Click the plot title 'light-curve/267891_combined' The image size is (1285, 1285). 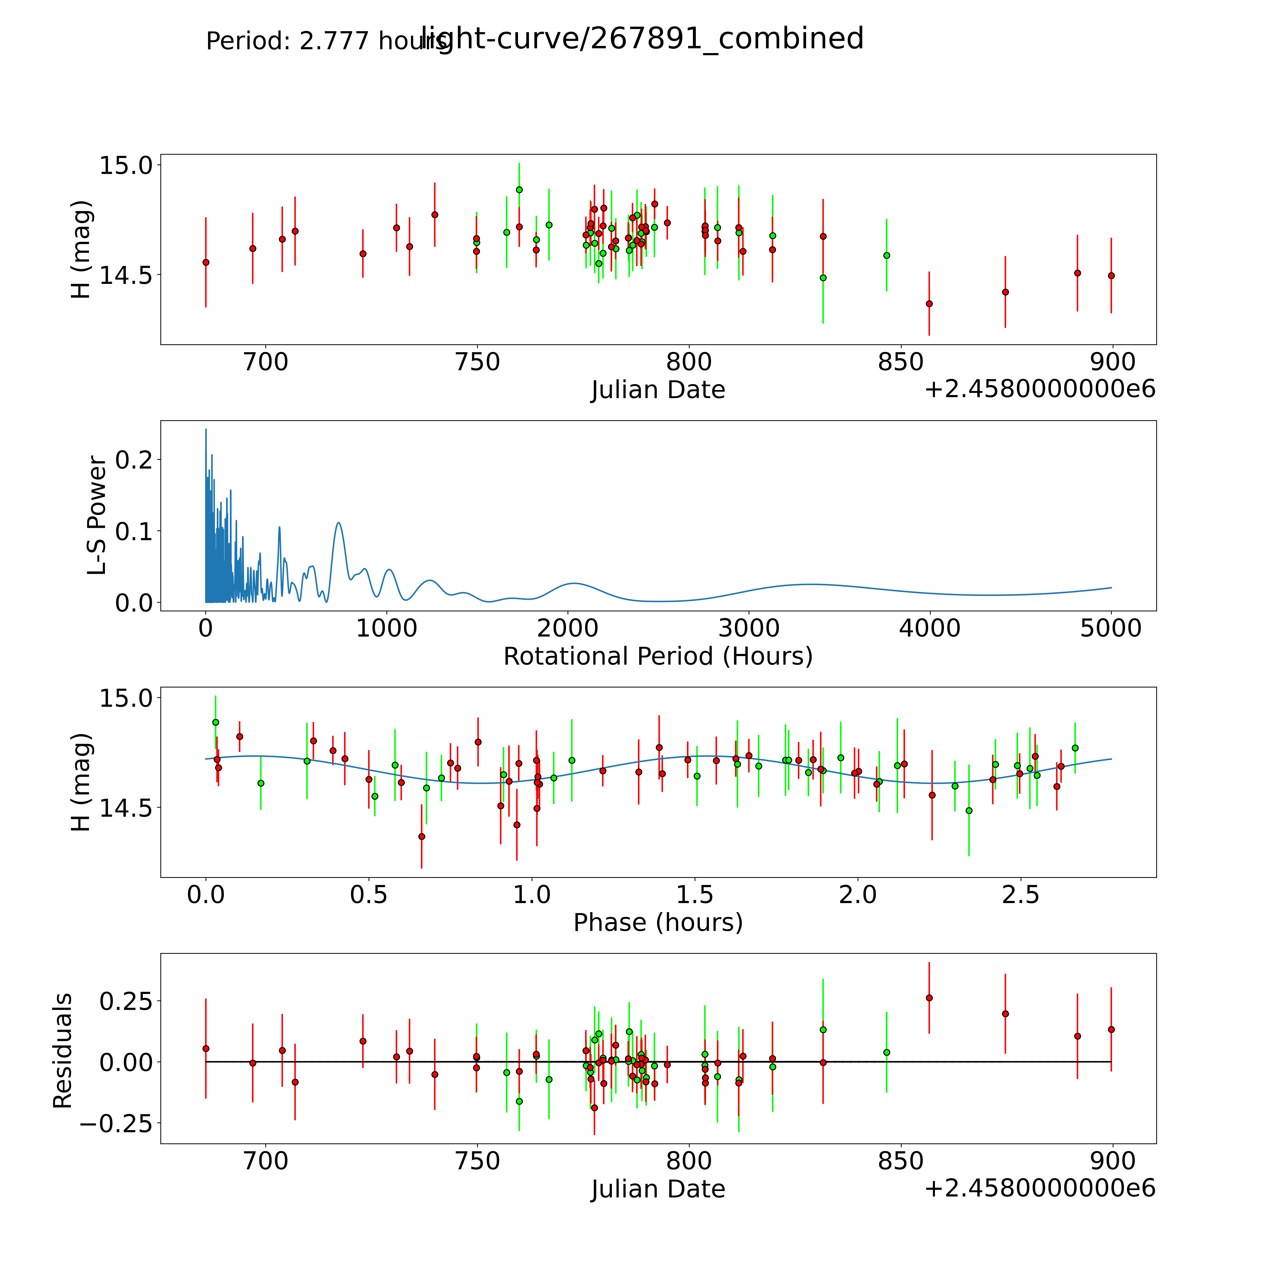[642, 39]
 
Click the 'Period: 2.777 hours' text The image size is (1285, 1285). [326, 41]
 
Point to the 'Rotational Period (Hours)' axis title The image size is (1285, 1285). [658, 657]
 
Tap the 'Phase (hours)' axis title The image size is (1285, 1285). [658, 923]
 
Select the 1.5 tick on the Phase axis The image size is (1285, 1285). [695, 895]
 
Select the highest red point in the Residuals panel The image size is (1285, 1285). [929, 998]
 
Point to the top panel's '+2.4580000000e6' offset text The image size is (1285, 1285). [1040, 389]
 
